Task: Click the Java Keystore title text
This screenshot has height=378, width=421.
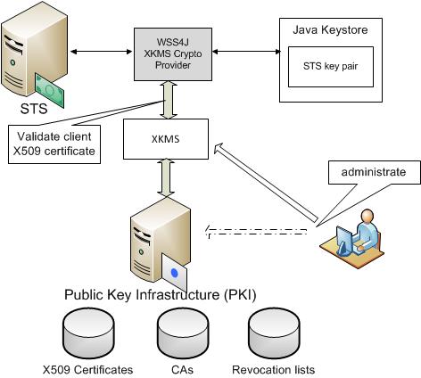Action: point(328,30)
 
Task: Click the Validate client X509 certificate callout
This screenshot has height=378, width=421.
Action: point(54,144)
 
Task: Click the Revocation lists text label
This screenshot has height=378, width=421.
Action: point(273,369)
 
